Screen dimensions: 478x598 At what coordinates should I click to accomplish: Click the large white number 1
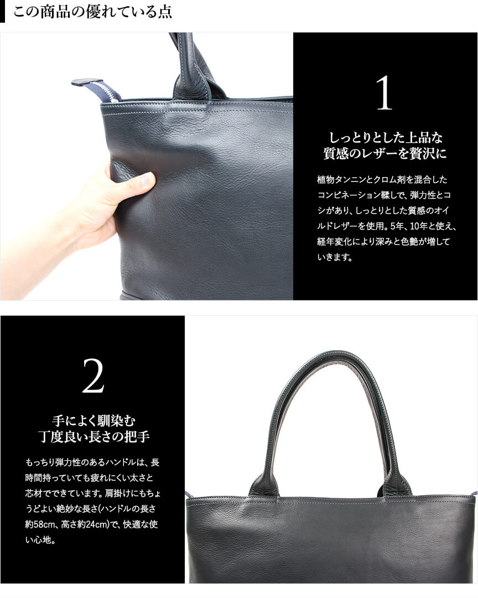point(384,93)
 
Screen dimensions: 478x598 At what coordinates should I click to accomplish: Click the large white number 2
point(93,376)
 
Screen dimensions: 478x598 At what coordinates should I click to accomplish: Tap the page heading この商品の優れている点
point(93,12)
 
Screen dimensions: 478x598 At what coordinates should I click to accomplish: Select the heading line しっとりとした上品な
point(385,138)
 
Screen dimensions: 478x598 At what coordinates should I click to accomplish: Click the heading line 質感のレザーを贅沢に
point(385,154)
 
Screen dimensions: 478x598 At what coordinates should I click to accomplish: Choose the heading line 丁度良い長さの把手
point(94,436)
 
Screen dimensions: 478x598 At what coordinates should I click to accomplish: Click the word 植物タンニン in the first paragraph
point(340,179)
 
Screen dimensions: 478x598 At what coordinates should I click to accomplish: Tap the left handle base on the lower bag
point(262,485)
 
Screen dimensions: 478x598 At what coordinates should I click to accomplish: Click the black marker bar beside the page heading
point(2,12)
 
